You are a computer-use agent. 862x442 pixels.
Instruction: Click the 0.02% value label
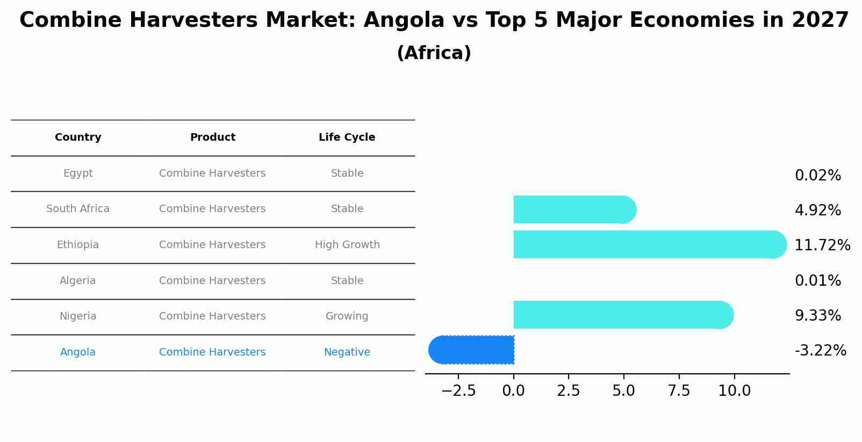817,176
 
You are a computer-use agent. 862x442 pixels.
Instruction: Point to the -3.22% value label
820,351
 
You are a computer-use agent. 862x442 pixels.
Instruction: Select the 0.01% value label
817,281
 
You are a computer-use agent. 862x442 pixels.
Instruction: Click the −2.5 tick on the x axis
458,391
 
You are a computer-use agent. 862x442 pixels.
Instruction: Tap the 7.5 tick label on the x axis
679,391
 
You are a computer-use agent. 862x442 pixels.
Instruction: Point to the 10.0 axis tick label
734,391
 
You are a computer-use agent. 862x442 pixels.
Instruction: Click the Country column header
78,137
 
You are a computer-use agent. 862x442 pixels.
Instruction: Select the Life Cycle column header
347,137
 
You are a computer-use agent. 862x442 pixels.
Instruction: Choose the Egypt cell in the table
78,173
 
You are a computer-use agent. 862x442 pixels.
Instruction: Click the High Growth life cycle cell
347,245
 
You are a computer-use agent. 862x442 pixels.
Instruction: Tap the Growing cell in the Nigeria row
347,316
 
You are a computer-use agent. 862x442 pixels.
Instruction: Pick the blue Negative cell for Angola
347,352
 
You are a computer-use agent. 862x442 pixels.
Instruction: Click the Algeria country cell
78,281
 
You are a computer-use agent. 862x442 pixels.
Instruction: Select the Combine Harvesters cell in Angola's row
212,352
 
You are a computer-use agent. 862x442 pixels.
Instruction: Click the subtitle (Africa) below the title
434,53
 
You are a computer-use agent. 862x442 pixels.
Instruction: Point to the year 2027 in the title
820,20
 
